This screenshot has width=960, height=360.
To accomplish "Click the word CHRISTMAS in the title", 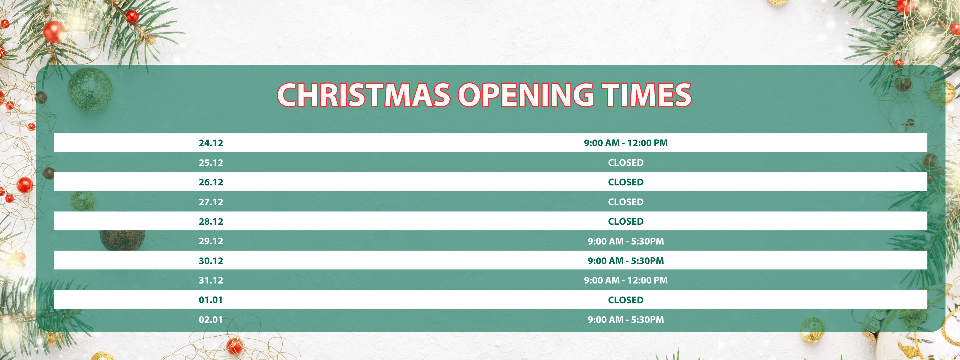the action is coord(364,95).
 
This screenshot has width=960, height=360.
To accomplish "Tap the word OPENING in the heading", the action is coord(526,95).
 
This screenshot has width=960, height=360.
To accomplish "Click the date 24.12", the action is coord(211,143).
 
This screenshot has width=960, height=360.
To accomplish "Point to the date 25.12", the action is coord(211,163).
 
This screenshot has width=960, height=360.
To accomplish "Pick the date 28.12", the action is coord(211,221).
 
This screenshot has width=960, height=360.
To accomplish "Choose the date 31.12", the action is coord(211,280).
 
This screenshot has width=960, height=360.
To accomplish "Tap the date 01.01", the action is coord(211,300).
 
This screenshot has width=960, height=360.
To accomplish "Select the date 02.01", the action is coord(211,319).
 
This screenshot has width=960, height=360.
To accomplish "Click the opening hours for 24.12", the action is coord(626,143).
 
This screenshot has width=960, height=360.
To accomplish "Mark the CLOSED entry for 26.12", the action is coord(626,182).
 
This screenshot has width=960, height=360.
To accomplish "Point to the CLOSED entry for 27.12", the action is coord(626,202).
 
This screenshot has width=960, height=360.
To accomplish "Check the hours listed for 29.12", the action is coord(626,241).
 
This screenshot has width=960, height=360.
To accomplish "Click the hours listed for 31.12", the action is coord(626,280).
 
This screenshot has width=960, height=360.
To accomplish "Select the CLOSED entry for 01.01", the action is coord(626,300).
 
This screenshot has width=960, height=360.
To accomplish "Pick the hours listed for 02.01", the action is coord(626,319).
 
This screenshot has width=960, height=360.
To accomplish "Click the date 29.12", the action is coord(211,241).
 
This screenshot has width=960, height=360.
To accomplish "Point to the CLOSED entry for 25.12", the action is coord(626,163).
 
